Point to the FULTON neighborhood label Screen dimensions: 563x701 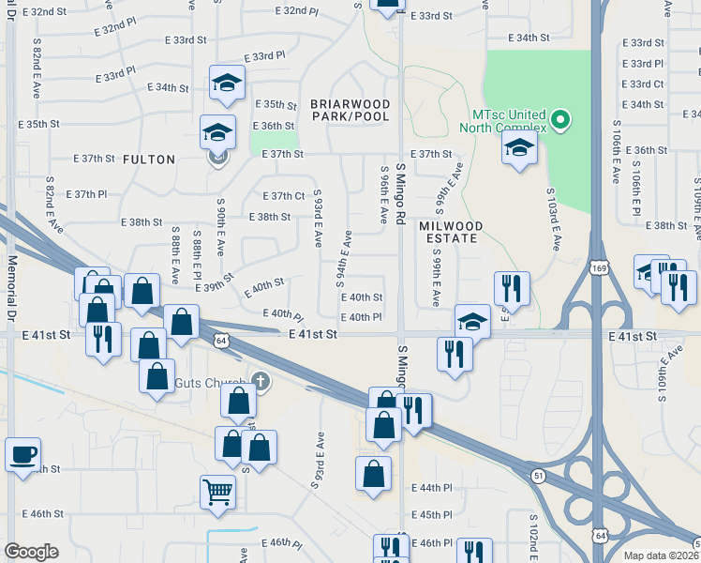[149, 160]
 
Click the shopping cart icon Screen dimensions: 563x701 [217, 489]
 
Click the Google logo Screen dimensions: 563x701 [31, 552]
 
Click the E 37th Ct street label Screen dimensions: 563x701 [283, 196]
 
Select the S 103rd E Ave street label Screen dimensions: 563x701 [554, 218]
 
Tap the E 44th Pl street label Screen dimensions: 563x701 [435, 488]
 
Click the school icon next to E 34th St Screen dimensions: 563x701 [227, 84]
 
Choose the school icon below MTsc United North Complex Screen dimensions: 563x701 [518, 148]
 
